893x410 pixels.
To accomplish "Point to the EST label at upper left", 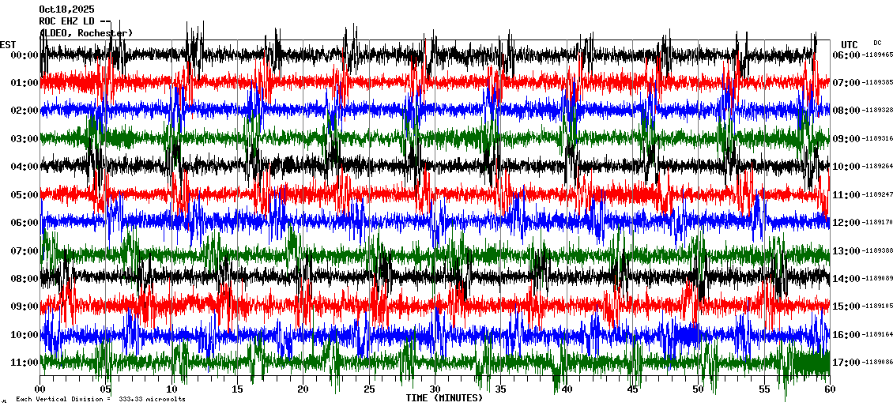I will [x=8, y=44].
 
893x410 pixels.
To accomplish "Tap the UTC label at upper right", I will [x=850, y=44].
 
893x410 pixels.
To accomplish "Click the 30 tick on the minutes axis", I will [x=435, y=389].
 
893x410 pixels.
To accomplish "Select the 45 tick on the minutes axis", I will [x=632, y=389].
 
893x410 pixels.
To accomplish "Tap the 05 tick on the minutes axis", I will [x=106, y=389].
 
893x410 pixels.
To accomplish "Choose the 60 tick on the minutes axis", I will [x=829, y=389].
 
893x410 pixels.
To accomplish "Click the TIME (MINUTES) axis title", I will [x=444, y=398].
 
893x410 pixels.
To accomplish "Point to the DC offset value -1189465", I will [x=877, y=55].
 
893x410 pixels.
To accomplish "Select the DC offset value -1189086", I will [x=877, y=363].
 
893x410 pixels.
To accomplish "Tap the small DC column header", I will [x=877, y=43].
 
